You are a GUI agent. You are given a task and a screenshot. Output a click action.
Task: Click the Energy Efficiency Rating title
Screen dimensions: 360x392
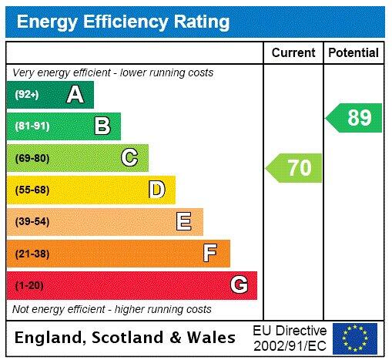point(123,21)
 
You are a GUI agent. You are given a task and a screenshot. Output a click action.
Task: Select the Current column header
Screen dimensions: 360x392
point(293,53)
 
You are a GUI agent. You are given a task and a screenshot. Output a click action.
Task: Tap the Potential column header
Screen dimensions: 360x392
point(353,53)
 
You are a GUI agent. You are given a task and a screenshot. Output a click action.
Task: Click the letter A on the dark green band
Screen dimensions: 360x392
point(75,95)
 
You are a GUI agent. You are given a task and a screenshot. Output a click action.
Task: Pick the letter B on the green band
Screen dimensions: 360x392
point(102,126)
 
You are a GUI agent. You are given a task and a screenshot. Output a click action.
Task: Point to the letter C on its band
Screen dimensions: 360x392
point(129,158)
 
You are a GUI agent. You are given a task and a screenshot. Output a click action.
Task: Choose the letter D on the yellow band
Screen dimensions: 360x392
point(156,190)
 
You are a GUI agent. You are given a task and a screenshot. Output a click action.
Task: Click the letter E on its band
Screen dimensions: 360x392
point(184,222)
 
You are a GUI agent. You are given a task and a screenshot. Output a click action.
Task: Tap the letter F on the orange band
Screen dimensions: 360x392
point(210,253)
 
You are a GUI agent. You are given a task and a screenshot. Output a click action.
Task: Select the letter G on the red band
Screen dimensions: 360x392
point(239,285)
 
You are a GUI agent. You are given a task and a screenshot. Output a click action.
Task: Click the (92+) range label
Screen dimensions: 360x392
point(27,95)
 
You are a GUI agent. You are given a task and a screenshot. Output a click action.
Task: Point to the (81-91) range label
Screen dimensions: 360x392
point(32,126)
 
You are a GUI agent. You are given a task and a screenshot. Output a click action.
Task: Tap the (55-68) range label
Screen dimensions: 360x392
point(32,190)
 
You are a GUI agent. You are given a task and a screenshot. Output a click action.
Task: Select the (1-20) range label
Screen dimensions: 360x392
point(29,285)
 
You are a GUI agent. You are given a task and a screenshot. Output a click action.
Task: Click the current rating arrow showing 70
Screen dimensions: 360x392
point(294,167)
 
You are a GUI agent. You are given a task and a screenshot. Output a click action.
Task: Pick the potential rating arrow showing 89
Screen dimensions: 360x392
point(354,118)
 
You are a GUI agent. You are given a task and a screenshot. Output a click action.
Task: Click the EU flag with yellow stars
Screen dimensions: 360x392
point(355,338)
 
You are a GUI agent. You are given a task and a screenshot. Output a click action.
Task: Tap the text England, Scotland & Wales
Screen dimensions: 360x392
point(126,338)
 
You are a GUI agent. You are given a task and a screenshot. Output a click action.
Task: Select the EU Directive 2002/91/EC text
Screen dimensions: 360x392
point(290,338)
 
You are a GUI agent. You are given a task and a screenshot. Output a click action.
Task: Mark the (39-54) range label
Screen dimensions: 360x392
point(32,222)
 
